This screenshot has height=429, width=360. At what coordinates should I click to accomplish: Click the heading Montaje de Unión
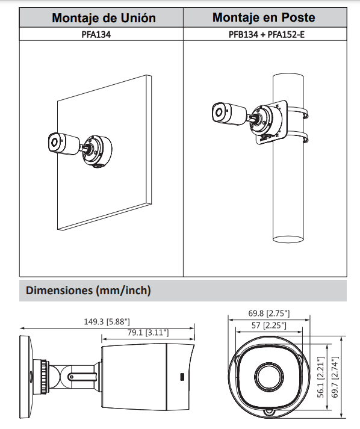tap(104, 17)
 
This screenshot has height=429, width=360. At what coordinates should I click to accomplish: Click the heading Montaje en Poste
tap(264, 17)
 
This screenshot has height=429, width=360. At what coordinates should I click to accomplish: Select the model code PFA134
tap(100, 35)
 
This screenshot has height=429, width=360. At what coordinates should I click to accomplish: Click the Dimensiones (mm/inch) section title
tap(88, 291)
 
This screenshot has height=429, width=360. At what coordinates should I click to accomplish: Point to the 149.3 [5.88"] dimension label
tap(107, 321)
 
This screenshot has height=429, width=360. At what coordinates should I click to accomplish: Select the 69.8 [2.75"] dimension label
tap(268, 313)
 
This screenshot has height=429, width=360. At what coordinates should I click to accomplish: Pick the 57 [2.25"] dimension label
tap(268, 326)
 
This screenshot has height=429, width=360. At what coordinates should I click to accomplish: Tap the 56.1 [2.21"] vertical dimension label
tap(321, 377)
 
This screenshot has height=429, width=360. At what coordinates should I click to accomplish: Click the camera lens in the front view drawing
tap(268, 377)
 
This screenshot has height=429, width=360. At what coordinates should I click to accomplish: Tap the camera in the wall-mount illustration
tap(63, 143)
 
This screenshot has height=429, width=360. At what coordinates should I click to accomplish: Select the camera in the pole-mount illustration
tap(228, 113)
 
